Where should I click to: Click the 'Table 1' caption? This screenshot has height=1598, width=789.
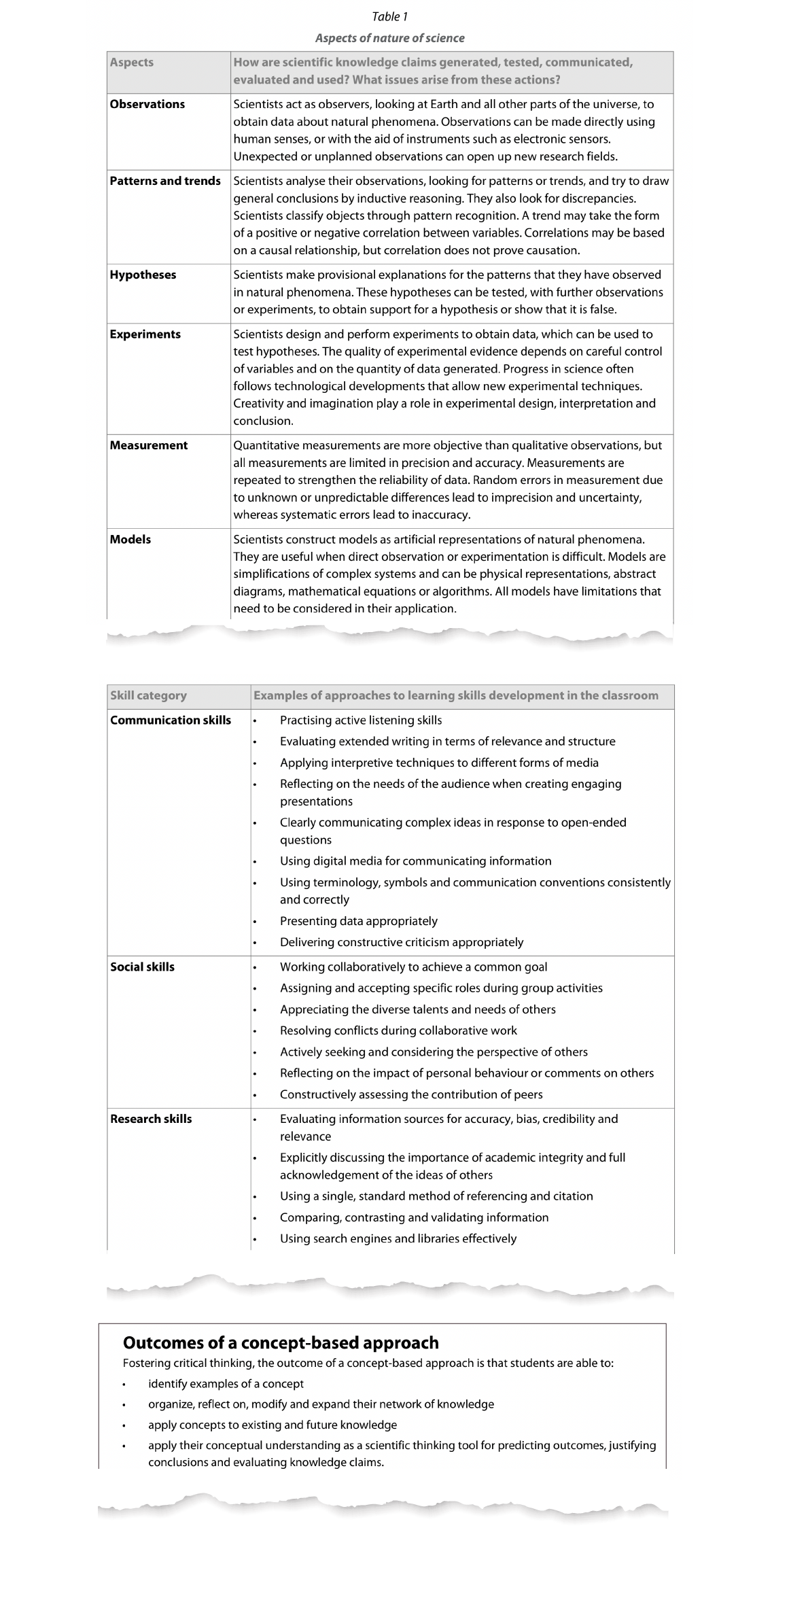pyautogui.click(x=390, y=16)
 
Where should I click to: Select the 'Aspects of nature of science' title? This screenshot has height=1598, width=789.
pyautogui.click(x=390, y=38)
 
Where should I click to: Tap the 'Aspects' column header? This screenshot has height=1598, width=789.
pyautogui.click(x=132, y=63)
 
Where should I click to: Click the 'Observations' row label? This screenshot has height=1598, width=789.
pyautogui.click(x=147, y=105)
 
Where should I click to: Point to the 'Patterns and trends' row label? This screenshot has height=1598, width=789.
pyautogui.click(x=165, y=181)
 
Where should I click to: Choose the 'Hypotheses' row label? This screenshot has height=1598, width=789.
pyautogui.click(x=143, y=275)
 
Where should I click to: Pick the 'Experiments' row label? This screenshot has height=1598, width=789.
pyautogui.click(x=145, y=334)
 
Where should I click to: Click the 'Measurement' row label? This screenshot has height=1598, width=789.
pyautogui.click(x=149, y=445)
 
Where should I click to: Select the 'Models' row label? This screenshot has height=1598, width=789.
pyautogui.click(x=130, y=540)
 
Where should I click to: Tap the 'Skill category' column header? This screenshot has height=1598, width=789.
pyautogui.click(x=148, y=695)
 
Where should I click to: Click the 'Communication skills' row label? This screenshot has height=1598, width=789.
pyautogui.click(x=171, y=720)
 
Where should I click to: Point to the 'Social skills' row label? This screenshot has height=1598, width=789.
pyautogui.click(x=142, y=967)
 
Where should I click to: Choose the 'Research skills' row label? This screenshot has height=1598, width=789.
pyautogui.click(x=151, y=1119)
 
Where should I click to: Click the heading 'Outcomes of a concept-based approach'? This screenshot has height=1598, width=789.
pyautogui.click(x=281, y=1342)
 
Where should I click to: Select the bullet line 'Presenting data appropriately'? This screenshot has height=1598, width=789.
pyautogui.click(x=359, y=921)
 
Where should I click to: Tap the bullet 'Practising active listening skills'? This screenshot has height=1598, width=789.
pyautogui.click(x=361, y=720)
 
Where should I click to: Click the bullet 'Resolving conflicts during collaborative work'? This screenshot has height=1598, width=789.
pyautogui.click(x=398, y=1030)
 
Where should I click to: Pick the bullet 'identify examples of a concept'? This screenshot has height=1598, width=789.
pyautogui.click(x=226, y=1384)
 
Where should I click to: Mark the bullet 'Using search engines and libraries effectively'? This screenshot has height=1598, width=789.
pyautogui.click(x=398, y=1238)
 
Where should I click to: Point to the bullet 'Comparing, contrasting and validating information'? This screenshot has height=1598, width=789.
pyautogui.click(x=414, y=1217)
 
